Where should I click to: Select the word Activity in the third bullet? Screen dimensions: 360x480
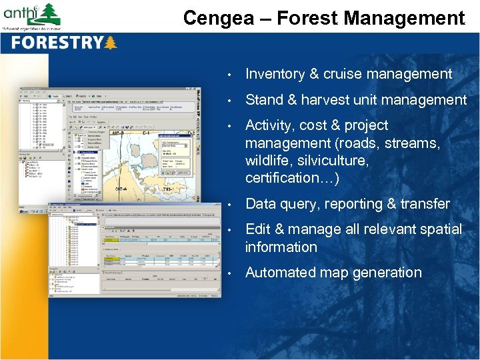[269, 125]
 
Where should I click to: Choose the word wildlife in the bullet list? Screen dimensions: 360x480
[267, 161]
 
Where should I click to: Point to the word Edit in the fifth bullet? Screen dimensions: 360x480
[257, 229]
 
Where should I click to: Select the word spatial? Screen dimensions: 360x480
[440, 229]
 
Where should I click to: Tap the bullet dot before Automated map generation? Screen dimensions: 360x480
[229, 273]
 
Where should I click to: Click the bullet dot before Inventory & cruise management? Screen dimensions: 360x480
[229, 75]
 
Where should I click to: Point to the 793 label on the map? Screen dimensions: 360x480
[169, 190]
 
